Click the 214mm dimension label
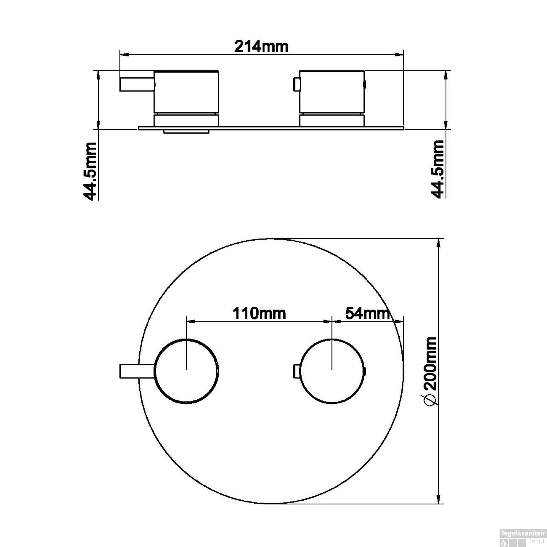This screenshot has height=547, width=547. click(261, 46)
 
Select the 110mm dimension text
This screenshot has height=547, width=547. click(259, 313)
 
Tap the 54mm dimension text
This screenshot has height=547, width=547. click(367, 313)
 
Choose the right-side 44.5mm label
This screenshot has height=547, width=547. click(438, 169)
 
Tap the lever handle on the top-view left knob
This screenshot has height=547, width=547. click(137, 371)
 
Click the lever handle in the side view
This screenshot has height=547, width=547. click(137, 84)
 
